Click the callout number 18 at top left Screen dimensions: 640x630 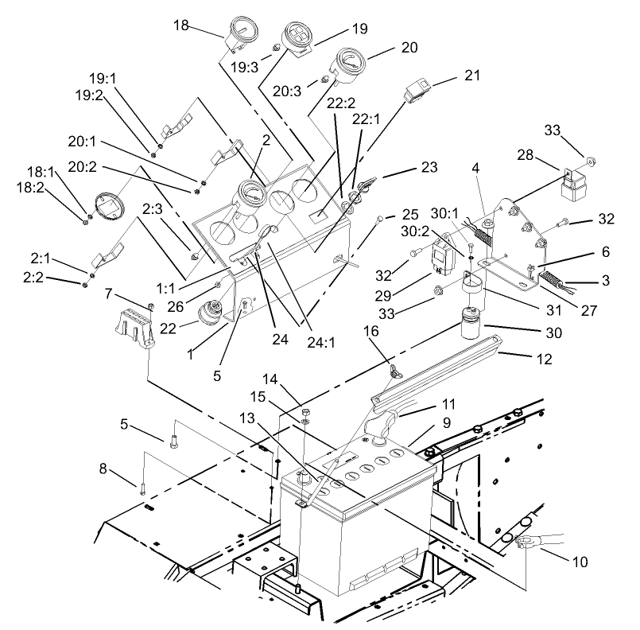click(x=180, y=25)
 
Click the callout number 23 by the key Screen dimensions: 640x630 click(x=429, y=167)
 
